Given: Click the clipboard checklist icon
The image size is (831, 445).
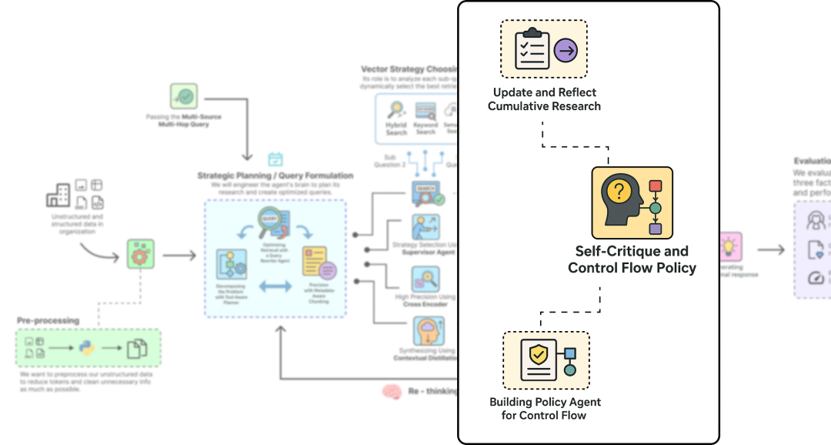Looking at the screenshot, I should tap(532, 49).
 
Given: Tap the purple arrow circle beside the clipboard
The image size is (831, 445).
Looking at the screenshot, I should tap(566, 51).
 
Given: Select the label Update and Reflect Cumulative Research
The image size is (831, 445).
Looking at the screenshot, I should tap(544, 99).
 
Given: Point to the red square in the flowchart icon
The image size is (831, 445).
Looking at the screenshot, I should tap(656, 186).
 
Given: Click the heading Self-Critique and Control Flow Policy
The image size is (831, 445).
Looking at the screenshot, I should tap(632, 259).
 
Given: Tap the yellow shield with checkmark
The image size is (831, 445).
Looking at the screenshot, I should tap(539, 355).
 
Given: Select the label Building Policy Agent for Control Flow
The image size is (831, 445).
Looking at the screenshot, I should tap(546, 409).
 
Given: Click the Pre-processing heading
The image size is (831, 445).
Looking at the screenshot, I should tap(48, 320).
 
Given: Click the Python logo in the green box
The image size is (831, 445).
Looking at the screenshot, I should tap(88, 347).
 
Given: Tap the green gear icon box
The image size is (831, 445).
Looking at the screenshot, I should tap(140, 254).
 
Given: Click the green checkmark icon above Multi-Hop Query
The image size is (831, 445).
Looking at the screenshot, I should tap(184, 97).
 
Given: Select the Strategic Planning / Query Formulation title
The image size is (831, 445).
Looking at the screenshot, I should tap(275, 176).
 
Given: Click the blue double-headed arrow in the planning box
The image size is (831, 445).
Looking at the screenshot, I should tap(275, 286).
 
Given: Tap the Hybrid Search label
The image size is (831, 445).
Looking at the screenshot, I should tap(396, 129).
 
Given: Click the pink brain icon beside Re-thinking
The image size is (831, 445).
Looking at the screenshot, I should tap(392, 392).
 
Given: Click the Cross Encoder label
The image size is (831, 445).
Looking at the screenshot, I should tap(425, 304).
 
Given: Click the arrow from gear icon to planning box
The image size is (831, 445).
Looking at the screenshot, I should tap(179, 255).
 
